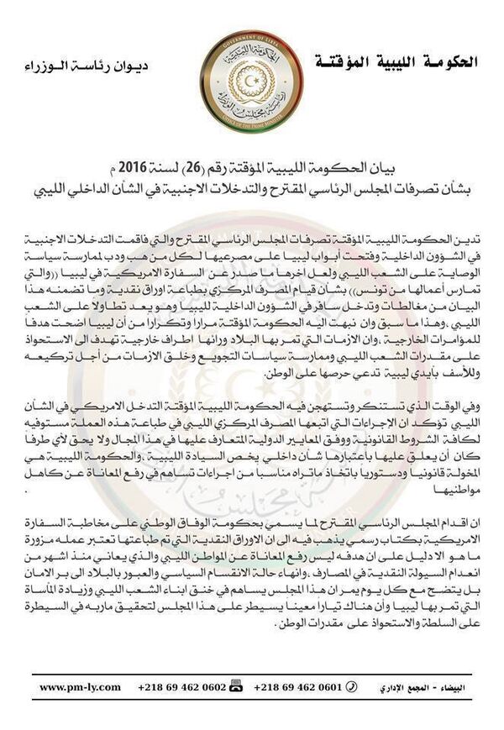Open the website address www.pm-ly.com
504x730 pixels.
coord(81,687)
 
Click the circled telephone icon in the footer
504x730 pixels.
coord(351,687)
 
